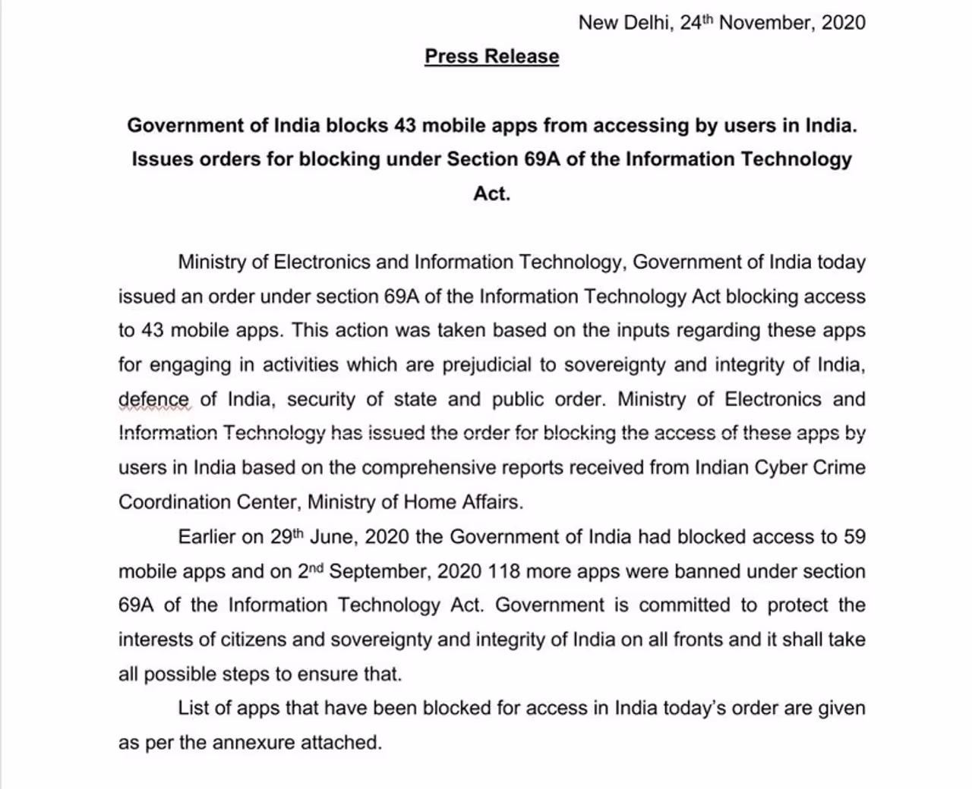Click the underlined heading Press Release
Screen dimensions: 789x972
tap(491, 56)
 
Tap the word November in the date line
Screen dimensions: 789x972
tap(767, 22)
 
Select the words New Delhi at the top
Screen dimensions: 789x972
tap(623, 22)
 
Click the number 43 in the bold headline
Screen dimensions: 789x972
tap(405, 125)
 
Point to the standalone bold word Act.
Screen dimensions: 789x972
tap(491, 193)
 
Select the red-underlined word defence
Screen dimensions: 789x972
tap(153, 400)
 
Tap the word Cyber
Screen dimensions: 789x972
tap(787, 467)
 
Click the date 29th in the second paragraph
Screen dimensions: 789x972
tap(286, 536)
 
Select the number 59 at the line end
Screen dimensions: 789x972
tap(854, 537)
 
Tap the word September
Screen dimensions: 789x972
tap(377, 571)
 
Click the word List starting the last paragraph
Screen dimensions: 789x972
tap(193, 709)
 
